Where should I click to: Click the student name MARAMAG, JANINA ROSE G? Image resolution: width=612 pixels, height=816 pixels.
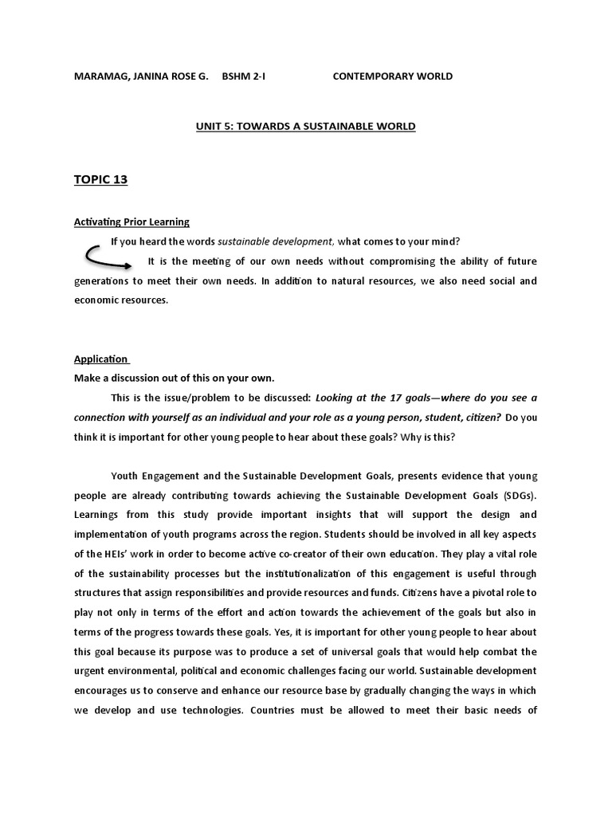pos(141,76)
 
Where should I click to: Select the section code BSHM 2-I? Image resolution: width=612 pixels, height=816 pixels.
pos(248,76)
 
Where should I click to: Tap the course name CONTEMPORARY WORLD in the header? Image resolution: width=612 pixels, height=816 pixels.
pos(392,76)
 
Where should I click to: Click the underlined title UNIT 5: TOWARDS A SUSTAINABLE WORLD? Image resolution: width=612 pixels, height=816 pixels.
pos(306,126)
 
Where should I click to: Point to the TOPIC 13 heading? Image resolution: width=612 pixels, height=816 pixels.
pos(100,179)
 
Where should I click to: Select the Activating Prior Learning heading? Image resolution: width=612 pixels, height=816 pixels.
pos(131,222)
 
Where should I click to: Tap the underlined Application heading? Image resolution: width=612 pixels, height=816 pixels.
pos(101,359)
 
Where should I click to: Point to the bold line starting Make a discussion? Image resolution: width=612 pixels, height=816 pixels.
pos(174,378)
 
